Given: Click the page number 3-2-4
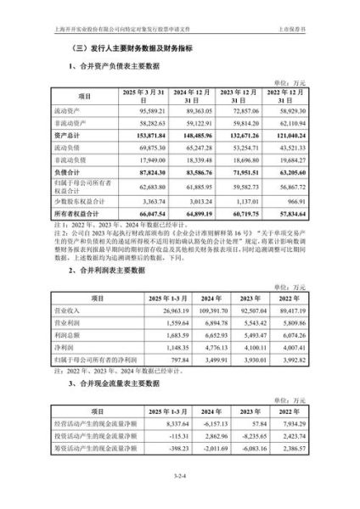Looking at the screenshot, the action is [x=180, y=487].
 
